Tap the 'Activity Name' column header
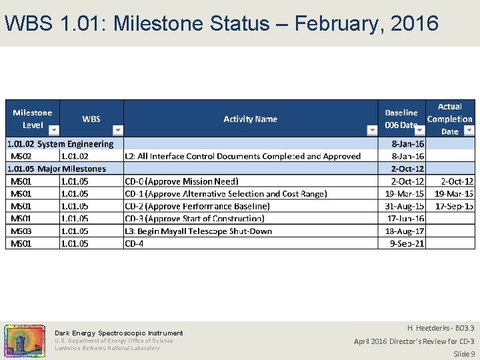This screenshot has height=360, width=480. (x=250, y=119)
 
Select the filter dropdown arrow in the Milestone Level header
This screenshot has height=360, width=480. (x=54, y=130)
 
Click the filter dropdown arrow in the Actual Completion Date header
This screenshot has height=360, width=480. (x=468, y=130)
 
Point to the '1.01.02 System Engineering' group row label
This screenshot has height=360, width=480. (x=60, y=143)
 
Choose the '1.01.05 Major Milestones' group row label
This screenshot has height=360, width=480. (x=57, y=169)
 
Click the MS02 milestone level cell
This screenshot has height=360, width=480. (x=23, y=156)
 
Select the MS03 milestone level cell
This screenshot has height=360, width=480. (x=23, y=231)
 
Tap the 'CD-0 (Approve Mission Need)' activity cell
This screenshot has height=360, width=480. (x=181, y=181)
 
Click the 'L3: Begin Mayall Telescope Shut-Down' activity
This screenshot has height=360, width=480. (x=198, y=231)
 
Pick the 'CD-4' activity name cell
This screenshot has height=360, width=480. (x=134, y=243)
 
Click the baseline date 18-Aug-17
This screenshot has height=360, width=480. (x=405, y=231)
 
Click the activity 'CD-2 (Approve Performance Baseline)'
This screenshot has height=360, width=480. (x=197, y=206)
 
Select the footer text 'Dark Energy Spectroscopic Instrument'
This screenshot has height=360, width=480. (x=119, y=333)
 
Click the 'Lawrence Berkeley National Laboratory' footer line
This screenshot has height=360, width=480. (x=107, y=348)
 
